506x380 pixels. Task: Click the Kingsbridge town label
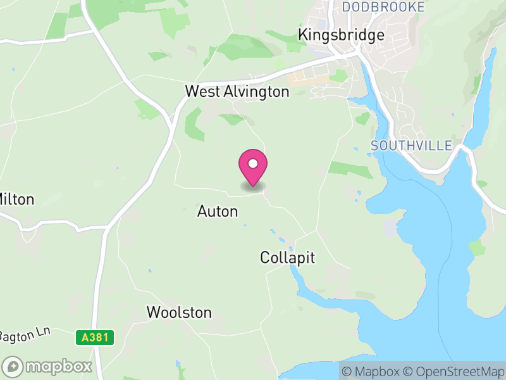click(x=342, y=35)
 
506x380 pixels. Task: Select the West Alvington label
click(x=237, y=92)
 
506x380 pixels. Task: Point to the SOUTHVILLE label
click(x=411, y=146)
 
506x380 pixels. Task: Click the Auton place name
click(x=218, y=212)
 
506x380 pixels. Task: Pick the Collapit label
click(x=287, y=258)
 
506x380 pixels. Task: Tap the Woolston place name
click(x=179, y=312)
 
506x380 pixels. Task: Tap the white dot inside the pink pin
click(x=253, y=163)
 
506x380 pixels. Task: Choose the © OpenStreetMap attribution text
click(x=452, y=370)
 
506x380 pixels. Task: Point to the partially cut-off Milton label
click(x=16, y=199)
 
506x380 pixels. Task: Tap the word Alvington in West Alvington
click(x=256, y=92)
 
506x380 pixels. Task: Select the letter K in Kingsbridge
click(x=304, y=35)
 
